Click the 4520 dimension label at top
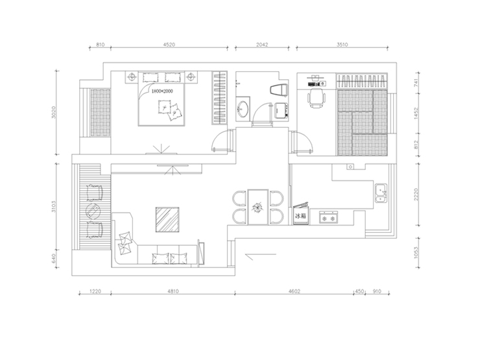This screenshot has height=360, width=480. pyautogui.click(x=169, y=44)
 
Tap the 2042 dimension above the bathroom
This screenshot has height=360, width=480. pyautogui.click(x=262, y=44)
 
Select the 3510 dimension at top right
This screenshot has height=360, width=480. pyautogui.click(x=342, y=44)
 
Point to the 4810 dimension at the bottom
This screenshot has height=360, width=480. pyautogui.click(x=173, y=291)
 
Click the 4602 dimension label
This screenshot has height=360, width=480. pyautogui.click(x=294, y=291)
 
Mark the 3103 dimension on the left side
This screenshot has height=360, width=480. pyautogui.click(x=54, y=207)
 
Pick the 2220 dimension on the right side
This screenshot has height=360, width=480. pyautogui.click(x=416, y=195)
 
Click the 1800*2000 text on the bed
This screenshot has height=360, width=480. pyautogui.click(x=162, y=91)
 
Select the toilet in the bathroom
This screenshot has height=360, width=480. pyautogui.click(x=279, y=90)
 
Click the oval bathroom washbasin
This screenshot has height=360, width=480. pyautogui.click(x=243, y=109)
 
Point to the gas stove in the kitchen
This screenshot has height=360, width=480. pyautogui.click(x=328, y=217)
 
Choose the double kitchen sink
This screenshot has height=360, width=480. pyautogui.click(x=381, y=193)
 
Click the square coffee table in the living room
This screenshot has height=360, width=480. pyautogui.click(x=167, y=219)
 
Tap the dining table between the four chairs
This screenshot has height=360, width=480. pyautogui.click(x=258, y=208)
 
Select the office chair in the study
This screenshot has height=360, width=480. pyautogui.click(x=317, y=98)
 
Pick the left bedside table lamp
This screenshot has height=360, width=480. pyautogui.click(x=132, y=76)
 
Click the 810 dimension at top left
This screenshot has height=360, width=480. pyautogui.click(x=101, y=44)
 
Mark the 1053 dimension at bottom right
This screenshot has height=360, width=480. pyautogui.click(x=416, y=252)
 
